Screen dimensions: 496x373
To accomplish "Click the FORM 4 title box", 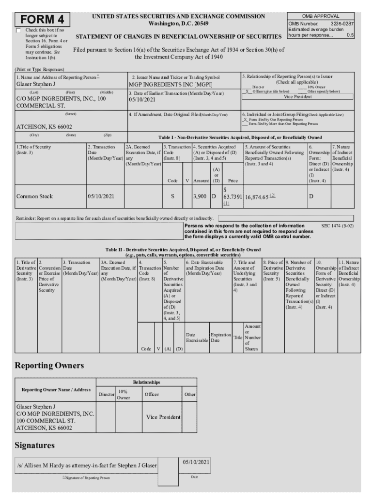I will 42,20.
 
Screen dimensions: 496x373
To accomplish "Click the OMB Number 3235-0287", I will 321,23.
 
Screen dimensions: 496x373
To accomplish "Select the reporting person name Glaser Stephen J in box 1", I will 36,84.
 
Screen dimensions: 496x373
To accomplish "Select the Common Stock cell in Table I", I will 34,197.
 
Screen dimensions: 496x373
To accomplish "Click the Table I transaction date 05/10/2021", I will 101,197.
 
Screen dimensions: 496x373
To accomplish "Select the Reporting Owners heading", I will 49,365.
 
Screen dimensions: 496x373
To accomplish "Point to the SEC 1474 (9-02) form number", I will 337,226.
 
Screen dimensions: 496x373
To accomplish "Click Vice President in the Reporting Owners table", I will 163,417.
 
